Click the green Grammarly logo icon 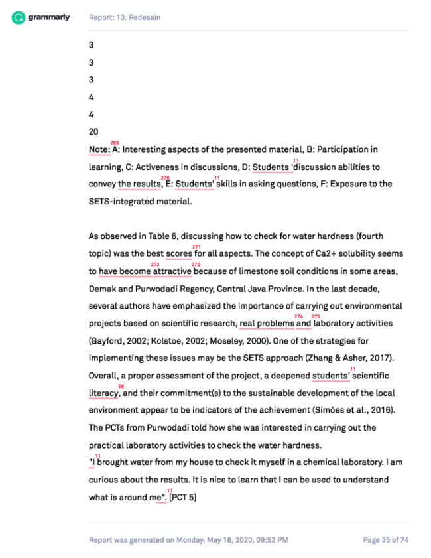[x=18, y=17]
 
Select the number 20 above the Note [x=93, y=131]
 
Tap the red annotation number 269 [x=115, y=143]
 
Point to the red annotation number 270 [x=166, y=178]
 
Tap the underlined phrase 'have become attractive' [x=145, y=271]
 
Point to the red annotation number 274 [x=298, y=316]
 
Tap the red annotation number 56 [x=121, y=385]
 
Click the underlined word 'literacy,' [x=104, y=393]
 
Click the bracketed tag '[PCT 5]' [x=183, y=497]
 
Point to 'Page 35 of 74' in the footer [x=385, y=540]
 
